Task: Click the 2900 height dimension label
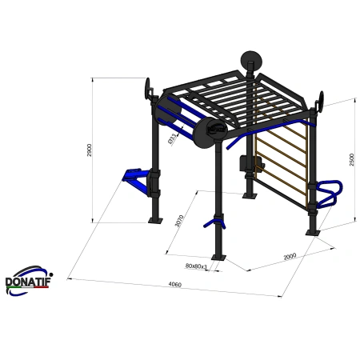pyautogui.click(x=90, y=150)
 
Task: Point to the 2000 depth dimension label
pyautogui.click(x=289, y=257)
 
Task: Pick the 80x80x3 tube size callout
pyautogui.click(x=196, y=265)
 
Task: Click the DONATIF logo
pyautogui.click(x=26, y=280)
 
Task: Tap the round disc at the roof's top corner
pyautogui.click(x=250, y=61)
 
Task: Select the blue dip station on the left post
pyautogui.click(x=139, y=181)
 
